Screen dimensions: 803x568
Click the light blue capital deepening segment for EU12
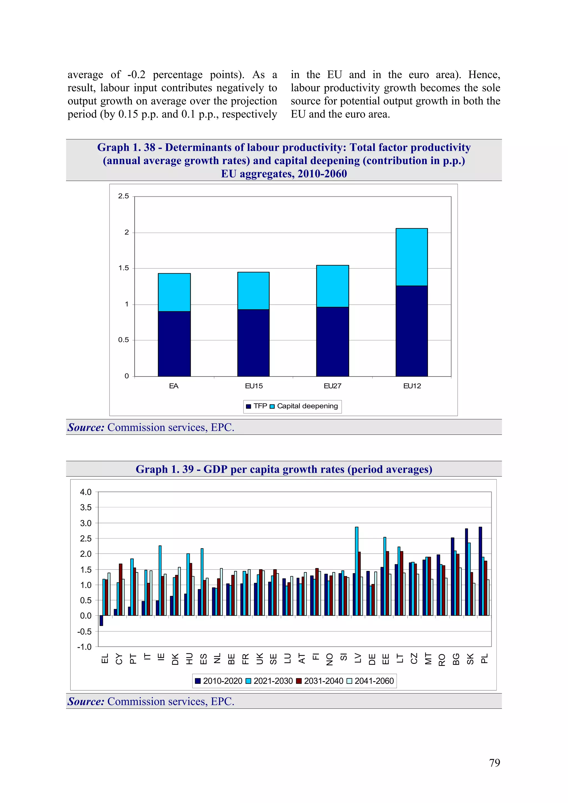coord(412,257)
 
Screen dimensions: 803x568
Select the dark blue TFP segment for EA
coord(174,343)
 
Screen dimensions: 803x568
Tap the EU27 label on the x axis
coord(332,386)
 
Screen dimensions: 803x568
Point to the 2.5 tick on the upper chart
coord(123,196)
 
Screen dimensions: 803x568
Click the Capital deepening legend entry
coord(307,406)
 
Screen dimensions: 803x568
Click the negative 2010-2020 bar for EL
coord(101,620)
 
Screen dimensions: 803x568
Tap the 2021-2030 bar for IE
coord(160,581)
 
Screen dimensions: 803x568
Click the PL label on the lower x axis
coord(484,659)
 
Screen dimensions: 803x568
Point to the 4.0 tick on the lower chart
coord(85,492)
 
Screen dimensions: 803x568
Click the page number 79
coord(494,763)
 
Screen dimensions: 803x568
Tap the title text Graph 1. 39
coord(164,469)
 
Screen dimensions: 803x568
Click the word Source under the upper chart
coord(86,427)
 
